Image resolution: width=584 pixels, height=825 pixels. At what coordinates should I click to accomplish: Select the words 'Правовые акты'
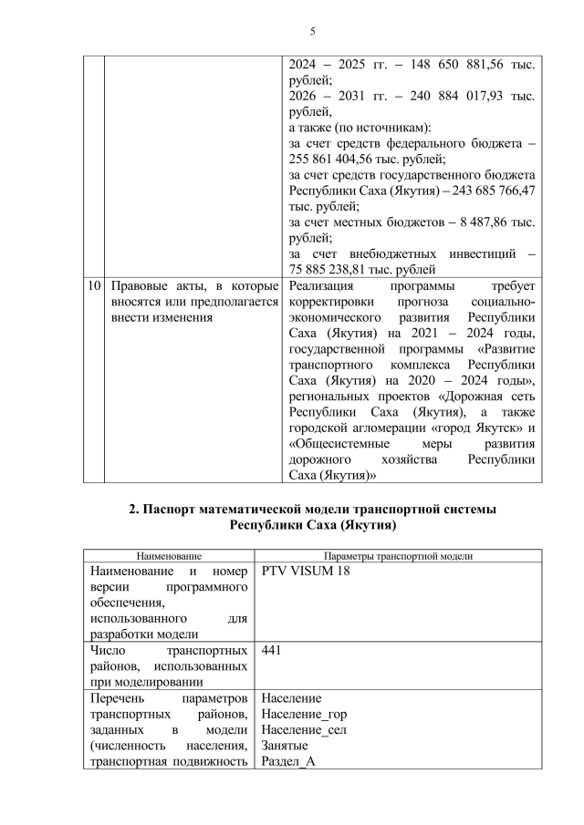tap(151, 285)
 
